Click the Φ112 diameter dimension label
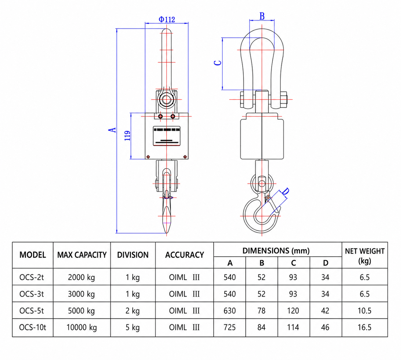tap(167, 19)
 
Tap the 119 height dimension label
tap(127, 136)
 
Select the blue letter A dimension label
tap(112, 130)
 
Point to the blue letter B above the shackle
tap(262, 16)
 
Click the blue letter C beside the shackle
tap(218, 63)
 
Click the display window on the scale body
tap(167, 136)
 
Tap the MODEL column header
tap(33, 255)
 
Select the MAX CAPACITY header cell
tap(82, 255)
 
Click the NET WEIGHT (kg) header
tap(365, 256)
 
